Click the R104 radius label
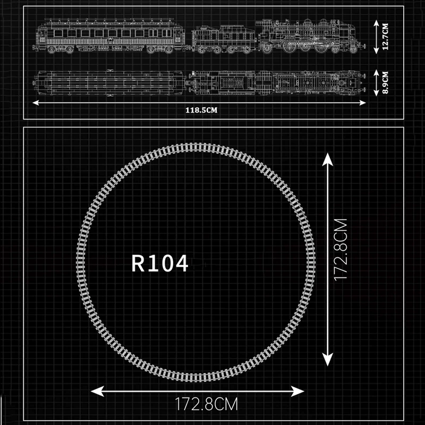[160, 263]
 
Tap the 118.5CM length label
[201, 110]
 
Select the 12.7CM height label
[385, 37]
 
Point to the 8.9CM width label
[385, 83]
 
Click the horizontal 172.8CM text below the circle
[207, 404]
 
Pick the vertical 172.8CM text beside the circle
[341, 250]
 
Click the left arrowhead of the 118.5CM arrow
[36, 103]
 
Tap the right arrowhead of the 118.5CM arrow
[363, 103]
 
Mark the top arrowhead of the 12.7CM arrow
[376, 23]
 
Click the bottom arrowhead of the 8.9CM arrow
[376, 93]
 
